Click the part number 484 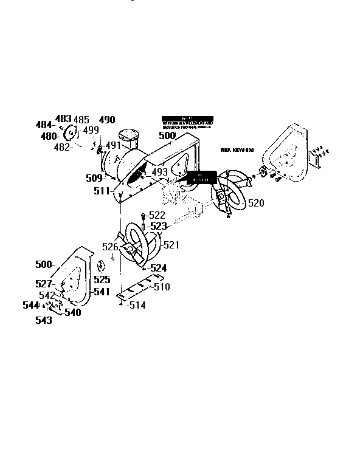tap(44, 125)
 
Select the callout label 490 tap(107, 120)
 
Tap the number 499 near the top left tap(91, 130)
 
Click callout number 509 tap(94, 179)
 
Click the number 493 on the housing tap(159, 173)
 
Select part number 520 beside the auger tap(256, 203)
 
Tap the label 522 tap(156, 216)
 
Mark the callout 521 tap(171, 245)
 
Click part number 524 tap(158, 267)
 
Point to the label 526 tap(109, 247)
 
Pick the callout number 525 tap(102, 280)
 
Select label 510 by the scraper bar tap(161, 286)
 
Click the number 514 tap(137, 306)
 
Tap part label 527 tap(44, 284)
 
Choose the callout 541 tap(101, 292)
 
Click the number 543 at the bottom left tap(43, 320)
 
